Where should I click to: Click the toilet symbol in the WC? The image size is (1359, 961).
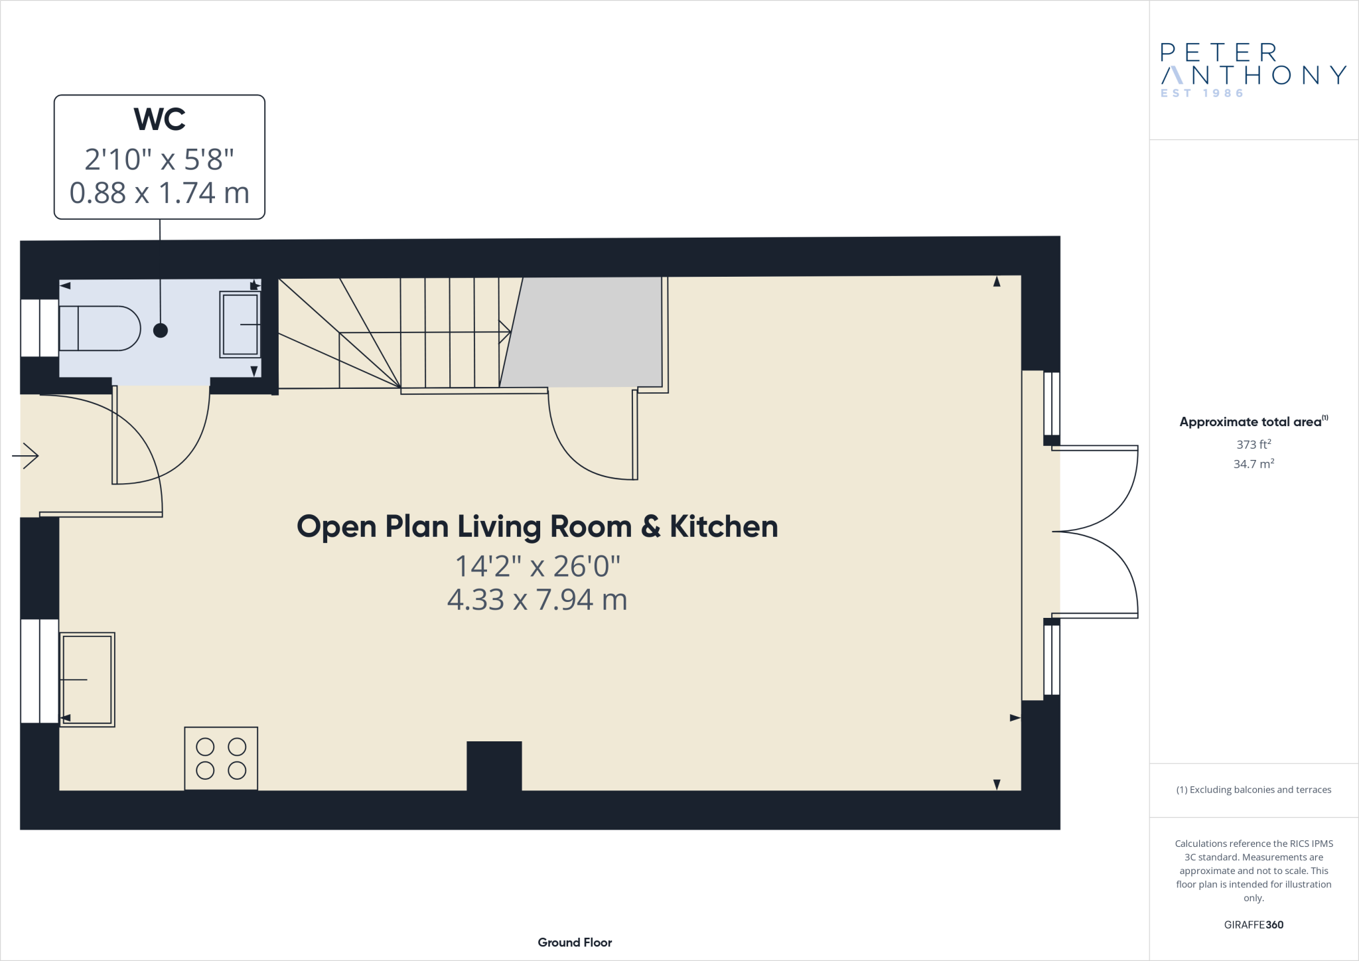(x=100, y=328)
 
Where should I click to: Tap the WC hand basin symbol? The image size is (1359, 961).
(x=240, y=325)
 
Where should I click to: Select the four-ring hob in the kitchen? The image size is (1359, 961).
(x=221, y=759)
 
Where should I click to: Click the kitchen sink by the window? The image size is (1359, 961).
(x=87, y=679)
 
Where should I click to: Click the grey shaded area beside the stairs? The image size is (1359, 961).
(x=584, y=332)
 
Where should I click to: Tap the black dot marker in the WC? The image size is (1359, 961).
(x=161, y=330)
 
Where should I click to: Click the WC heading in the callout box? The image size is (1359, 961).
(x=159, y=119)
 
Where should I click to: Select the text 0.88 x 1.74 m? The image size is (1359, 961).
(x=159, y=193)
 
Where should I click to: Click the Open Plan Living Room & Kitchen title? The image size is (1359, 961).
(x=537, y=526)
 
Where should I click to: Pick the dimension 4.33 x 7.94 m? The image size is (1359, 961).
(x=537, y=600)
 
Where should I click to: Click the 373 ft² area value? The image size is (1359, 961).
(x=1253, y=444)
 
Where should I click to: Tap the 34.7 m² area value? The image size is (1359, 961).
(x=1253, y=464)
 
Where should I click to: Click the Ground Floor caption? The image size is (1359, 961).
(x=575, y=942)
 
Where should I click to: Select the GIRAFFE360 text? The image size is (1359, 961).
(x=1253, y=924)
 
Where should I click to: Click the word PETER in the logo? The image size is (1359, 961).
(x=1218, y=53)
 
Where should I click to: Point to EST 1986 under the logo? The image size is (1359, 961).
(x=1202, y=94)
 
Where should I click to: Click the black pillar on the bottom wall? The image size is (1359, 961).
(x=494, y=765)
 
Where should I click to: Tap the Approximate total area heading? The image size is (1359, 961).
(x=1251, y=421)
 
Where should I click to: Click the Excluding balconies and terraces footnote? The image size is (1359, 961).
(x=1253, y=790)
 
